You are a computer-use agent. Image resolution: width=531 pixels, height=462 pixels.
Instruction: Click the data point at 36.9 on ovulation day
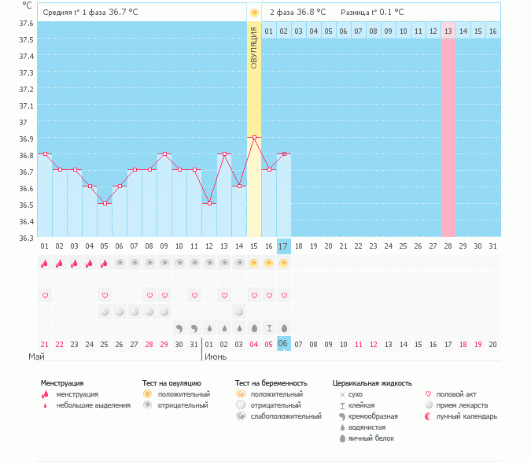pyautogui.click(x=254, y=138)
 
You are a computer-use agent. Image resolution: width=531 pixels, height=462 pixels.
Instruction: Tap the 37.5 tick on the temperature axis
pyautogui.click(x=26, y=39)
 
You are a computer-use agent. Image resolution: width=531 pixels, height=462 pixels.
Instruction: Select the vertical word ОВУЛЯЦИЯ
pyautogui.click(x=253, y=48)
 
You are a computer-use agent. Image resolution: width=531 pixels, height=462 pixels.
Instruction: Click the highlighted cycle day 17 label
pyautogui.click(x=283, y=246)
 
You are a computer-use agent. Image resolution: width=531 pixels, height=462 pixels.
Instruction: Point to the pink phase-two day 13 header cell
pyautogui.click(x=448, y=31)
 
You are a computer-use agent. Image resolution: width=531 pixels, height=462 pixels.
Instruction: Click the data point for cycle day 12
pyautogui.click(x=209, y=204)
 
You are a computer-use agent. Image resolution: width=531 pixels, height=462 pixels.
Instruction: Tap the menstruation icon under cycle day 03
pyautogui.click(x=74, y=263)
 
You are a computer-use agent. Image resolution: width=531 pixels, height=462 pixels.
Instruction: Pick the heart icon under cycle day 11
pyautogui.click(x=194, y=295)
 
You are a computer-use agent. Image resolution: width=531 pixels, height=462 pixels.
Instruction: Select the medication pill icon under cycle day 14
pyautogui.click(x=239, y=312)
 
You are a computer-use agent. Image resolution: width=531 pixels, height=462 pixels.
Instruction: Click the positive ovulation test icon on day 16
pyautogui.click(x=268, y=263)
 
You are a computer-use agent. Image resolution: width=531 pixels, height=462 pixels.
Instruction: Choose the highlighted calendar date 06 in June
pyautogui.click(x=283, y=344)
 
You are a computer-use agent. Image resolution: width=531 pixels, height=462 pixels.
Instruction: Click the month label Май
pyautogui.click(x=36, y=357)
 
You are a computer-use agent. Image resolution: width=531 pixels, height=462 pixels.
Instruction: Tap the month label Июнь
pyautogui.click(x=216, y=357)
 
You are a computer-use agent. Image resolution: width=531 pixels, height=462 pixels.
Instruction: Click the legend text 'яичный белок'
pyautogui.click(x=371, y=438)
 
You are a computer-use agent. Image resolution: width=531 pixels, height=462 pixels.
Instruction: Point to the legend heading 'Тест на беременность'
pyautogui.click(x=271, y=383)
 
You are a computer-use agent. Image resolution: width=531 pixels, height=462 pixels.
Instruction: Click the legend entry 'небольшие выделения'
pyautogui.click(x=93, y=405)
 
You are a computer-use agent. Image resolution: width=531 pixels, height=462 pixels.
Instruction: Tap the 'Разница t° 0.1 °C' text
pyautogui.click(x=372, y=12)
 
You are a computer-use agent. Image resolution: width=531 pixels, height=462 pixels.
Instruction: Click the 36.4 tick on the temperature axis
pyautogui.click(x=26, y=221)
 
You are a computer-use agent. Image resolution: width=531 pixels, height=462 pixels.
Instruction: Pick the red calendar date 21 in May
pyautogui.click(x=44, y=345)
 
